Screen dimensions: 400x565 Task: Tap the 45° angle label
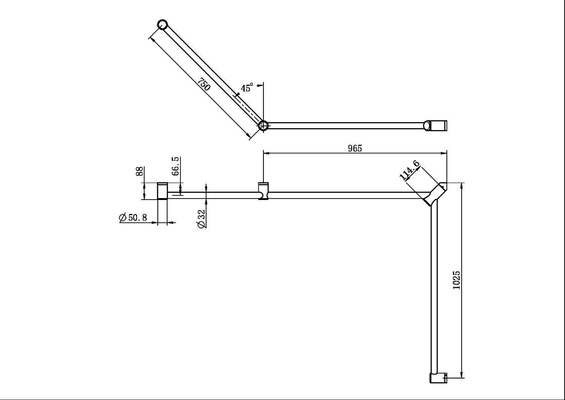(247, 88)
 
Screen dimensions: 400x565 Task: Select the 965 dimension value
(355, 148)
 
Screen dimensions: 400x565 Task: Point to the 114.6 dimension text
(410, 171)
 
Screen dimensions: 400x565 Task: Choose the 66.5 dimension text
(175, 166)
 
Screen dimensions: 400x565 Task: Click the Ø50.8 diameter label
(133, 218)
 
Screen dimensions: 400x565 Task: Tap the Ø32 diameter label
(202, 219)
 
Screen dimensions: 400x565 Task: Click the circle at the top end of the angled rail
(162, 24)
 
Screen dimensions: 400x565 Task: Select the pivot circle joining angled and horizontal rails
(263, 125)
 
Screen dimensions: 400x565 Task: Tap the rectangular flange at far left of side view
(162, 191)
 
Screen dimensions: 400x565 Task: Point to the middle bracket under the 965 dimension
(263, 192)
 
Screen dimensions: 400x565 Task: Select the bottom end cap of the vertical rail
(437, 378)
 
